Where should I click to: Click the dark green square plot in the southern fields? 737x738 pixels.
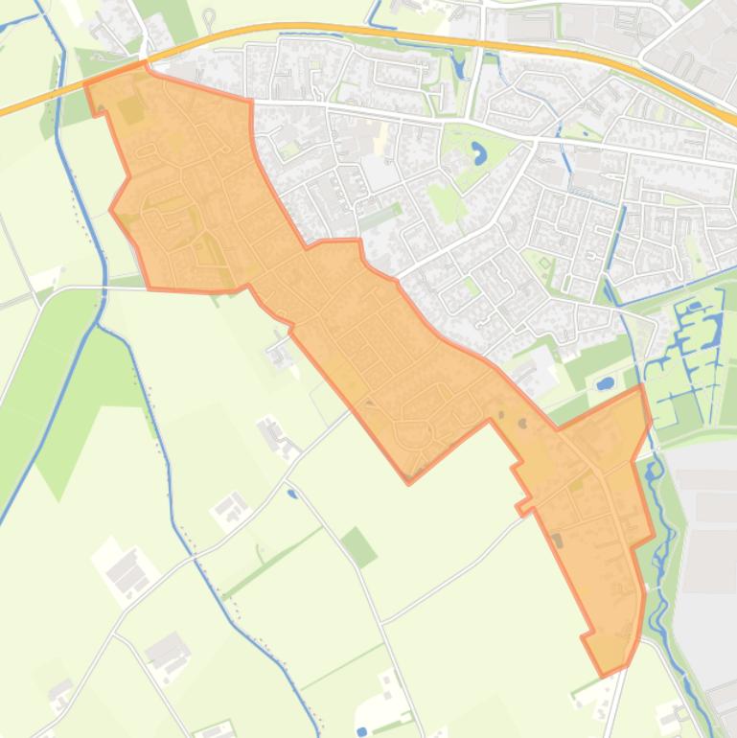pyautogui.click(x=358, y=546)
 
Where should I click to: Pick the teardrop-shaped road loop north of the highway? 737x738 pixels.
pyautogui.click(x=209, y=16)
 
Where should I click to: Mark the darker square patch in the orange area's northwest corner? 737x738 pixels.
pyautogui.click(x=130, y=110)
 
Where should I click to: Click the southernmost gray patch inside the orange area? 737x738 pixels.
pyautogui.click(x=558, y=542)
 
